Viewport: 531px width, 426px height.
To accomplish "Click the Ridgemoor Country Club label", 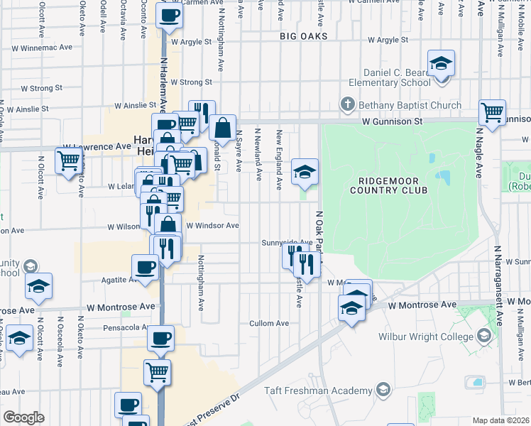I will pos(389,185).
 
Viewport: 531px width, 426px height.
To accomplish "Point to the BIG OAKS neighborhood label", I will pos(303,35).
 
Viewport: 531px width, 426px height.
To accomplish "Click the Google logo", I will pos(23,417).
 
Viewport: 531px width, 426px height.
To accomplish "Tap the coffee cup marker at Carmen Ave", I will pos(170,16).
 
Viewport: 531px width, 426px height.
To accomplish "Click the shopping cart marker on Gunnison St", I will pos(492,112).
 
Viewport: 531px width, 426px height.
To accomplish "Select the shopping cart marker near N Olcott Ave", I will pos(68,161).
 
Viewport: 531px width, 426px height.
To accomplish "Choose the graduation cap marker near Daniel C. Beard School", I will pos(441,64).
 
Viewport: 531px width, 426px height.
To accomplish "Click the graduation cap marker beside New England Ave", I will pos(305,172).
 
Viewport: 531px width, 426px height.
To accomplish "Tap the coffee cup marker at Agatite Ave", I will pos(146,268).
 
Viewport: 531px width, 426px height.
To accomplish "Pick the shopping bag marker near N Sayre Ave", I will pos(223,129).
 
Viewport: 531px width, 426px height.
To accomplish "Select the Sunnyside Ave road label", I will pos(287,242).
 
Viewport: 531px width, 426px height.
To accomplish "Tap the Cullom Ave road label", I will pos(269,323).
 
